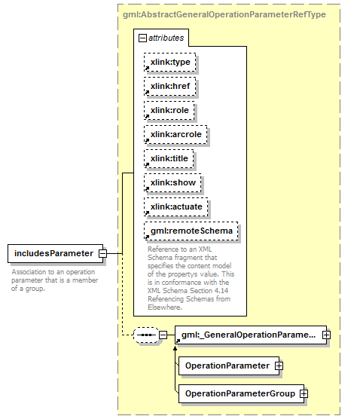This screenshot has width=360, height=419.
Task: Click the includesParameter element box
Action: [55, 253]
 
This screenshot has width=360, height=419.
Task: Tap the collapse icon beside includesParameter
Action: [103, 253]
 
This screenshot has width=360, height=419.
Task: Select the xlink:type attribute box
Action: [170, 63]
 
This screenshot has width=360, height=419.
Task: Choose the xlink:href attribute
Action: [170, 87]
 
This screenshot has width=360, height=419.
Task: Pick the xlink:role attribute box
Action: [169, 110]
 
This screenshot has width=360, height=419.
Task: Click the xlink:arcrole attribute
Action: [175, 134]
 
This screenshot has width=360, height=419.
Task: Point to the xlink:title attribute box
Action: [169, 159]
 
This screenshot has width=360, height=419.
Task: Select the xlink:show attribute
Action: [172, 183]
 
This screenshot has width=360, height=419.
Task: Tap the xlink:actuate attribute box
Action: [176, 206]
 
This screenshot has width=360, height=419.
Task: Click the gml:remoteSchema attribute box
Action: [191, 231]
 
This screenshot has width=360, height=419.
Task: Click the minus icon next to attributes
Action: [142, 38]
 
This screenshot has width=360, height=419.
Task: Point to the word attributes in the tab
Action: [166, 38]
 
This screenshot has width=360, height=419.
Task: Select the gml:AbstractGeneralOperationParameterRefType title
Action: [224, 14]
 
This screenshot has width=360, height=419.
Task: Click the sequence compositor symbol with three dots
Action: [146, 335]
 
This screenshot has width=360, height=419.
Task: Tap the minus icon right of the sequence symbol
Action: [163, 335]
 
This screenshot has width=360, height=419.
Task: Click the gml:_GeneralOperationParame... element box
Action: [251, 335]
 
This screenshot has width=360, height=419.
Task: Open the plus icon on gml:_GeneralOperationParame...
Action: [326, 335]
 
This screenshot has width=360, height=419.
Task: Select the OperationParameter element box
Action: [229, 365]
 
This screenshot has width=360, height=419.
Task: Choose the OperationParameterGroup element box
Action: [241, 393]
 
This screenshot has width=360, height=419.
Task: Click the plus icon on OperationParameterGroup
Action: [304, 393]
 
